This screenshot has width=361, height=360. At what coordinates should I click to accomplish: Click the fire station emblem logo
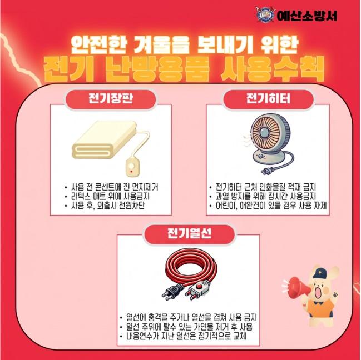point(265,14)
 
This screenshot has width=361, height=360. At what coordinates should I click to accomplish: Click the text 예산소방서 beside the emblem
point(307,16)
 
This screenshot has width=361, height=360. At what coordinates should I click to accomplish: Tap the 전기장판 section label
point(111,99)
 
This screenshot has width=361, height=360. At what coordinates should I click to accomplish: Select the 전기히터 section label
point(268,99)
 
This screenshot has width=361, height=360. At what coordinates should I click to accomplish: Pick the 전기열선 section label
point(189,234)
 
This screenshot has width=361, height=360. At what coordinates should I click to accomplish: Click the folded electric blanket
point(104,139)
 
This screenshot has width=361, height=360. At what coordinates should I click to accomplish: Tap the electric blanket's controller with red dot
point(132,167)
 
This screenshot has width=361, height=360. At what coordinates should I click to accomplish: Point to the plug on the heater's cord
point(267,171)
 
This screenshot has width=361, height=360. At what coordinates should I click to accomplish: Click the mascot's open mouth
point(319,292)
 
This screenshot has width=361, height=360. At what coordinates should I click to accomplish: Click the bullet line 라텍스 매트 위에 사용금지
point(110,196)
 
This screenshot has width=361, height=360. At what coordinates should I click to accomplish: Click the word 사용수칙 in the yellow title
point(272,68)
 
